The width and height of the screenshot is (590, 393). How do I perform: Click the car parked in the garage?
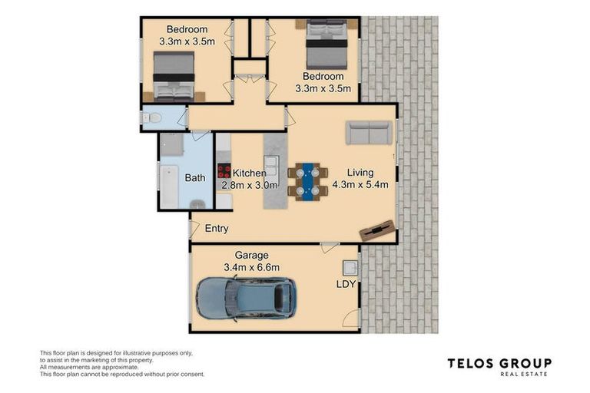coord(246,299)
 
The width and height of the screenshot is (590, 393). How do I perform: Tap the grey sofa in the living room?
coord(370,133)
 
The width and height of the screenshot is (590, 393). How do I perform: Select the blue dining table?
coord(307,182)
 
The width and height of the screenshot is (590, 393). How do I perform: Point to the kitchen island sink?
coord(270,163)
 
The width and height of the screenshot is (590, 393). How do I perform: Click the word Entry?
coord(217,229)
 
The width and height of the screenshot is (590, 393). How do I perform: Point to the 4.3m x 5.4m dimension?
coord(360,185)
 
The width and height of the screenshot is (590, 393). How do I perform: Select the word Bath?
coord(195,178)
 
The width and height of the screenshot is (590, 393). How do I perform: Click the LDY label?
coord(346,285)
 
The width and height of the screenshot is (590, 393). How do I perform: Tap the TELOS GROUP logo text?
coord(499,363)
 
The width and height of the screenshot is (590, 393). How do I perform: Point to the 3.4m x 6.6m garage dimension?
coord(251,268)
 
